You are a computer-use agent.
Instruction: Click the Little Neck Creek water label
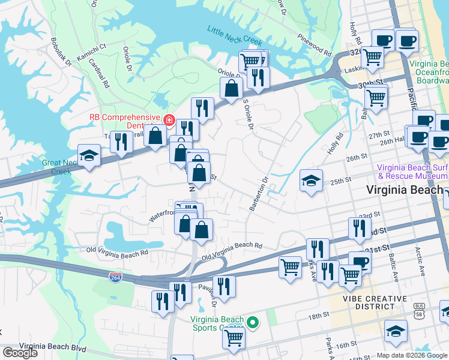[x=235, y=35]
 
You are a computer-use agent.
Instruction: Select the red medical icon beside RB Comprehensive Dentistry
[x=170, y=119]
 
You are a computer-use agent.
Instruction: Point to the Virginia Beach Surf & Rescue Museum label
[x=412, y=172]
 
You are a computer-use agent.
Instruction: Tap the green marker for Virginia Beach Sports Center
[x=253, y=323]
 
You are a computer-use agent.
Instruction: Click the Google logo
[x=20, y=353]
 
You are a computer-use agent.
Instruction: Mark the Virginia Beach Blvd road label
[x=53, y=347]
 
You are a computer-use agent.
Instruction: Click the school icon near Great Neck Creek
[x=89, y=157]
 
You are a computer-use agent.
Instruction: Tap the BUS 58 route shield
[x=419, y=310]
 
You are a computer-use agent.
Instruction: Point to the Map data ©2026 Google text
[x=411, y=355]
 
